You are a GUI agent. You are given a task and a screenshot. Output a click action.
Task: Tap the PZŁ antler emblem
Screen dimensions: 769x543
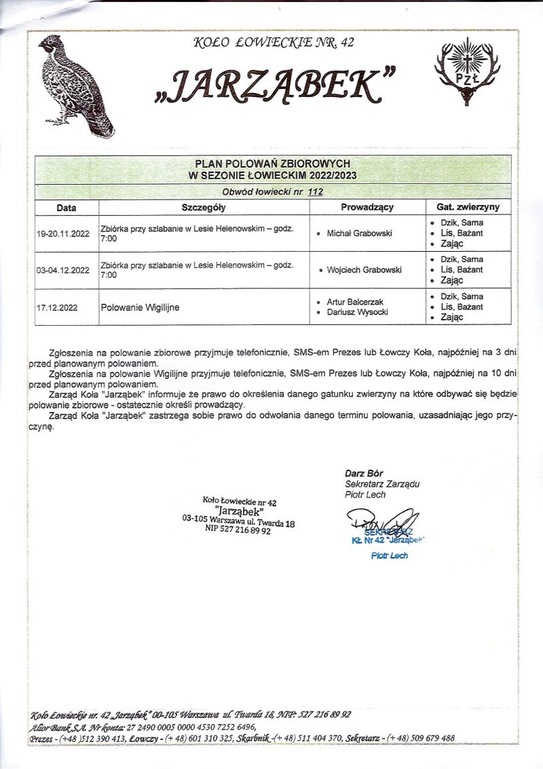466,73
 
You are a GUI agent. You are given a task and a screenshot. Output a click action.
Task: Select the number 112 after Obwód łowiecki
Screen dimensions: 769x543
315,191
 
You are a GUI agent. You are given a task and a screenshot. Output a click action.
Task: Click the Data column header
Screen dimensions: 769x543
66,207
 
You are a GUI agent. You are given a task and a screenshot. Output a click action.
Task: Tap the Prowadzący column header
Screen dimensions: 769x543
367,207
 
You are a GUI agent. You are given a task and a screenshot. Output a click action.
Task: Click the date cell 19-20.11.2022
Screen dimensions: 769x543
63,233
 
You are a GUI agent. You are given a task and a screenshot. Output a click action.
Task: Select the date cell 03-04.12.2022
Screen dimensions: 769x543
63,270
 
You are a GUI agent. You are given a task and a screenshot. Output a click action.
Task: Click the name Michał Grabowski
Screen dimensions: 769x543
360,233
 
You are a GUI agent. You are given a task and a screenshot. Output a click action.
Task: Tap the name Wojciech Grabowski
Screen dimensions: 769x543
364,270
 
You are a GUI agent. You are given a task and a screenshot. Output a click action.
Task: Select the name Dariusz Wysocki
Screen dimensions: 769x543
358,312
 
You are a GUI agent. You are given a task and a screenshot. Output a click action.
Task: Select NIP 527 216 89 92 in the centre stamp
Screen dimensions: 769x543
238,531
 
